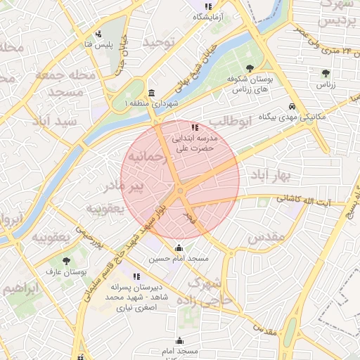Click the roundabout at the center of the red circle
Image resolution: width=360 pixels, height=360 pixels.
(x=181, y=190)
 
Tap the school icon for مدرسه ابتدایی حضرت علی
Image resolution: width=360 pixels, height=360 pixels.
(x=195, y=127)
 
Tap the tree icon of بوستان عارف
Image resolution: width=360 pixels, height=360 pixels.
(x=66, y=260)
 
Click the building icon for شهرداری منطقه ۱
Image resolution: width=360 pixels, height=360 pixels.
(x=152, y=94)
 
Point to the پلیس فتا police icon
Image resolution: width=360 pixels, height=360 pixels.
(x=98, y=33)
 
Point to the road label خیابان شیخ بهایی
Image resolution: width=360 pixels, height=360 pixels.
(x=198, y=56)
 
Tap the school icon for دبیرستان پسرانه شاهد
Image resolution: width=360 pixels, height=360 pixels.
(x=136, y=276)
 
